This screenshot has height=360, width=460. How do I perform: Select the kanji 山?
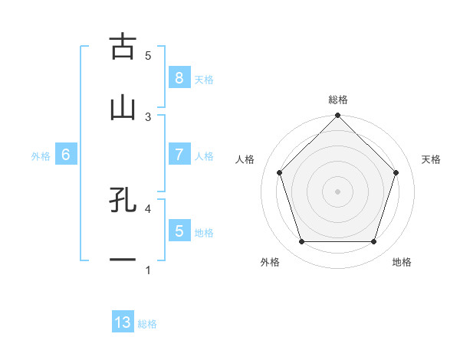[123, 107]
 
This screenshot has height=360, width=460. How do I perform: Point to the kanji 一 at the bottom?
[123, 260]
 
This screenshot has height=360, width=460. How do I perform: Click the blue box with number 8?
[179, 78]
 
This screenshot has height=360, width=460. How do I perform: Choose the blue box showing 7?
[179, 155]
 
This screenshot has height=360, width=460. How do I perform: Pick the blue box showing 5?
[179, 231]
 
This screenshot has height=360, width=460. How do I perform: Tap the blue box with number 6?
[66, 155]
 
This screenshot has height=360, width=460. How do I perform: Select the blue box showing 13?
[123, 322]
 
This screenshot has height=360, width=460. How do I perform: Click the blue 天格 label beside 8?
[204, 79]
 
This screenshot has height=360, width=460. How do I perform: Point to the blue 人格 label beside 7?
[204, 155]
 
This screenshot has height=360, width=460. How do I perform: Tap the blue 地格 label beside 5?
[204, 232]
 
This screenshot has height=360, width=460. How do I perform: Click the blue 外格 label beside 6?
[41, 155]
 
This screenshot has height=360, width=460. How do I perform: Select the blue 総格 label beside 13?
[147, 324]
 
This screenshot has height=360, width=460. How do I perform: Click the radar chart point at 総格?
[337, 116]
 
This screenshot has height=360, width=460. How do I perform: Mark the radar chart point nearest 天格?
[396, 172]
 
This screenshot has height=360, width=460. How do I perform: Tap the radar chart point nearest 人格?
[279, 172]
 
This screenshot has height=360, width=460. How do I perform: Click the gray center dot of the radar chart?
[337, 191]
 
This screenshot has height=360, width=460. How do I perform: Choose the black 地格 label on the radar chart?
[402, 262]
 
